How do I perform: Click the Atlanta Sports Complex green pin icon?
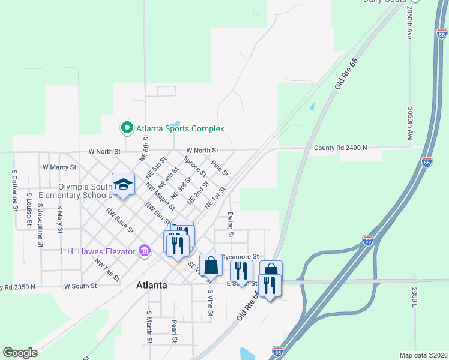(x=127, y=128)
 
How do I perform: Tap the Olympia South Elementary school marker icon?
(x=123, y=184)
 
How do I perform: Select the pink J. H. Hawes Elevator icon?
(x=144, y=251)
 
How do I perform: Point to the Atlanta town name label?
(x=151, y=285)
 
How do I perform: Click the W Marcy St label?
(x=59, y=167)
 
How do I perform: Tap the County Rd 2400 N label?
(x=339, y=148)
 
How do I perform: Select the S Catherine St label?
(x=14, y=190)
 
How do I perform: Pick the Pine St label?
(x=220, y=168)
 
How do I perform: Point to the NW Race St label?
(x=119, y=220)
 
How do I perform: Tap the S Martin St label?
(x=148, y=328)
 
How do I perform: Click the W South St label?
(x=80, y=286)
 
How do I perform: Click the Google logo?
(x=20, y=353)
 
